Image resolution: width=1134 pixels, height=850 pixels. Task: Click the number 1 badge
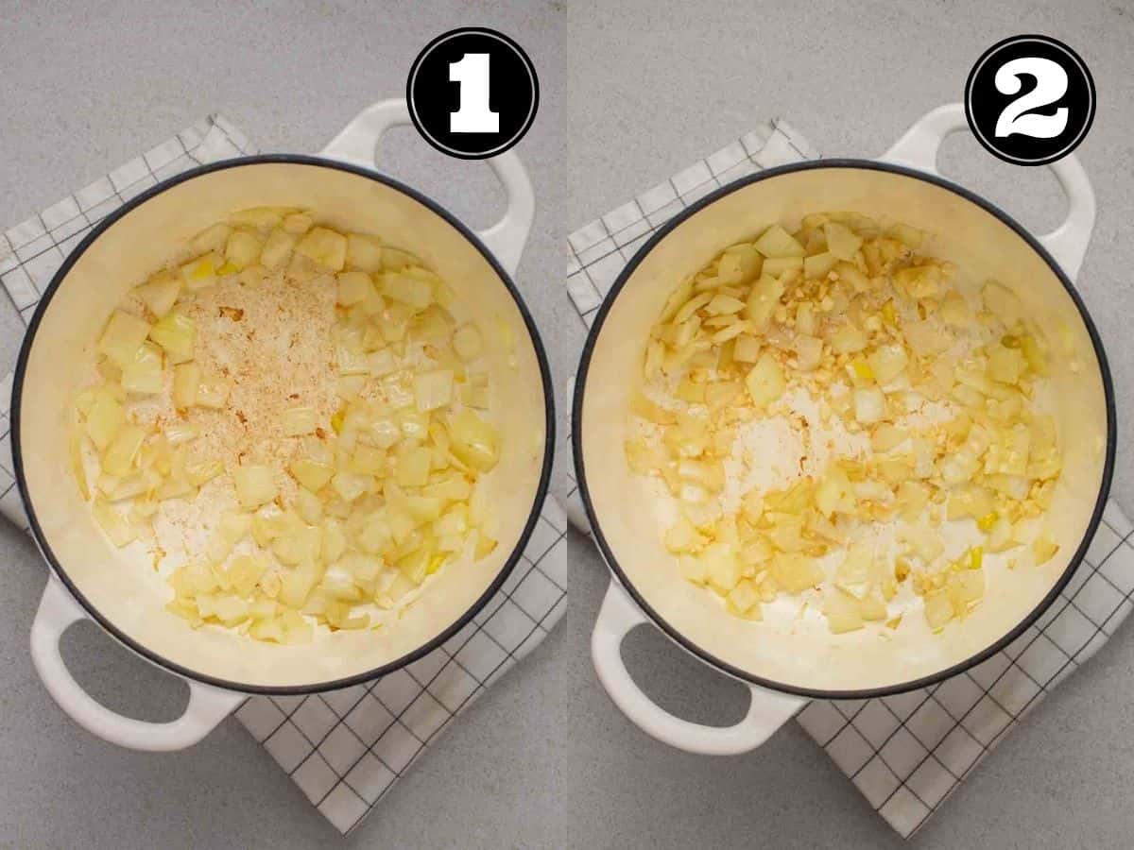pos(472,93)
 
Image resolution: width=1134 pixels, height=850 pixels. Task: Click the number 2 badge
pos(1030,100)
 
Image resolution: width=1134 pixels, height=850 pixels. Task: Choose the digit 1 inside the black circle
pos(473,93)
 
